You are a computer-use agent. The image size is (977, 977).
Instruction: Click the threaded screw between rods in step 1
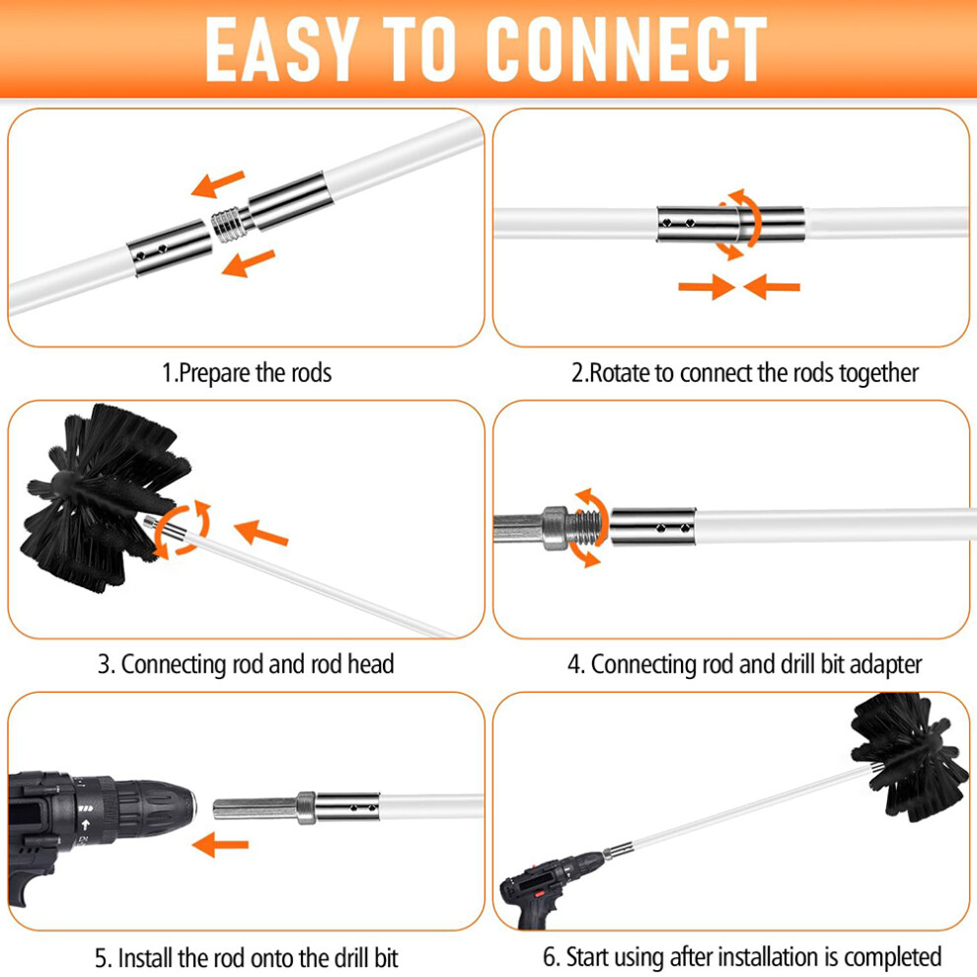click(x=230, y=224)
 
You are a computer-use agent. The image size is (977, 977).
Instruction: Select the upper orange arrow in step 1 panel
click(x=218, y=184)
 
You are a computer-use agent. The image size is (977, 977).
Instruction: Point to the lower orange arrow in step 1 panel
click(x=248, y=263)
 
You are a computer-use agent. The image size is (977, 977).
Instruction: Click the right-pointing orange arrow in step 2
click(x=707, y=286)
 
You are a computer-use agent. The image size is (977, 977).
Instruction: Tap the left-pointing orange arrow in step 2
click(x=772, y=286)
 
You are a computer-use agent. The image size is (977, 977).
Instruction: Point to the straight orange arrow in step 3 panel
click(x=262, y=533)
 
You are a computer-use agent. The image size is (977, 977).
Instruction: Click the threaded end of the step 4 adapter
click(x=587, y=527)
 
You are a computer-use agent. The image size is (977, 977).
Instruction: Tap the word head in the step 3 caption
click(x=371, y=664)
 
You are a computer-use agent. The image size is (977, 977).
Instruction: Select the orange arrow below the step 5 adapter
click(x=220, y=845)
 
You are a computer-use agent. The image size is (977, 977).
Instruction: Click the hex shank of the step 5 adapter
click(x=255, y=809)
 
